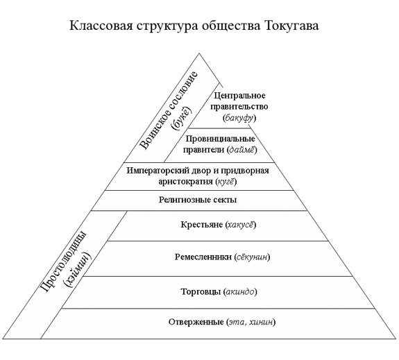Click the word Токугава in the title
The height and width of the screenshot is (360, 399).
pos(291,26)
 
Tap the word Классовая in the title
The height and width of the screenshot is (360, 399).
pos(101,26)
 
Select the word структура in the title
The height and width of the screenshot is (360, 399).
pos(167,26)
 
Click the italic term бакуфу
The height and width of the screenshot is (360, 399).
pos(239,118)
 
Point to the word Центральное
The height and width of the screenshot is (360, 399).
pos(239,96)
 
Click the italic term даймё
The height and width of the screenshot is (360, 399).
pos(242,150)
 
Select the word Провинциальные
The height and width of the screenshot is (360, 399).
pos(220,139)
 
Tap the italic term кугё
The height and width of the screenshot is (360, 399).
pos(226,182)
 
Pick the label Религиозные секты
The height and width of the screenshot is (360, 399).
pos(198,200)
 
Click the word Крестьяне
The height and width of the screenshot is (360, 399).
pos(202,225)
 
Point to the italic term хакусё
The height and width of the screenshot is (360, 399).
pos(241,225)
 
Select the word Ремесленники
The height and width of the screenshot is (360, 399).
pos(203,257)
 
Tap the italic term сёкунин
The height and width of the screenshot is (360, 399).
pos(253,257)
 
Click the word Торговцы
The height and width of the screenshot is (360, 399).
pos(201,291)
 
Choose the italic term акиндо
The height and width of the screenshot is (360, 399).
pos(240,291)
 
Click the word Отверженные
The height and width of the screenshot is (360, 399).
pos(196,322)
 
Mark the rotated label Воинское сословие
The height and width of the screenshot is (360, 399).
pos(169,110)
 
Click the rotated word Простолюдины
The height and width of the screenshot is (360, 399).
pos(63,262)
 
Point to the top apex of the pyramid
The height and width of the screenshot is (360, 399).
pos(199,53)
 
